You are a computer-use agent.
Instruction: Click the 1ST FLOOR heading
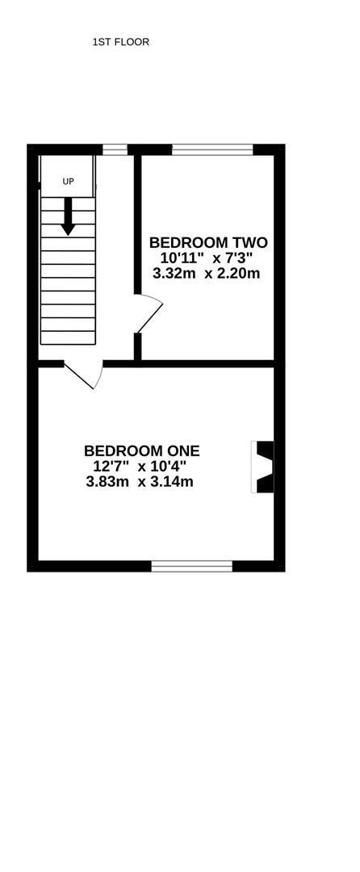120,42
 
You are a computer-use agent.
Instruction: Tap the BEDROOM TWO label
209,242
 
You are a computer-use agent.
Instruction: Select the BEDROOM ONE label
142,450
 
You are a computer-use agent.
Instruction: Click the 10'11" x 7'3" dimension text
206,258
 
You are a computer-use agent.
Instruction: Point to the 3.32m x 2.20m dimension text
206,274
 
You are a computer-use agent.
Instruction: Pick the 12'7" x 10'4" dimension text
140,466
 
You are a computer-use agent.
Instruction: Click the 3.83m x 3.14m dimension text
140,481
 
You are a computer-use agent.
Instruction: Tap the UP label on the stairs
68,182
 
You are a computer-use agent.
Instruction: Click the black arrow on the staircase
68,216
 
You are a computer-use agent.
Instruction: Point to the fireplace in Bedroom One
263,467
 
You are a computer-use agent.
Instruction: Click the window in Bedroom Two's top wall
212,149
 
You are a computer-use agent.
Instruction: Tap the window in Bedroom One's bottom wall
192,566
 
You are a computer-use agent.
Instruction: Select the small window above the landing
115,149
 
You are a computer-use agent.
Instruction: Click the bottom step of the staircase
68,338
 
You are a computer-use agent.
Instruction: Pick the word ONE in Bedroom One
182,450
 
